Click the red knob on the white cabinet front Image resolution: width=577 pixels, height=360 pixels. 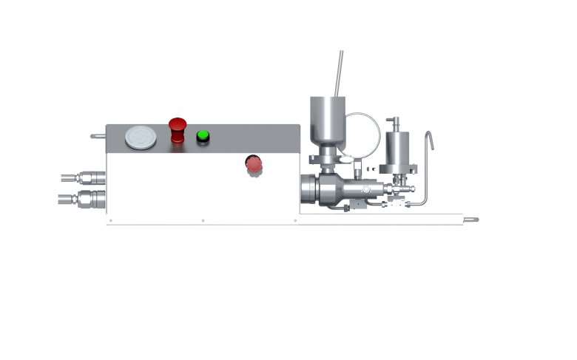pos(254,164)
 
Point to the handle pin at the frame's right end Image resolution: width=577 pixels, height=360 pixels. pos(471,219)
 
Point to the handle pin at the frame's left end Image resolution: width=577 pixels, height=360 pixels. pos(98,136)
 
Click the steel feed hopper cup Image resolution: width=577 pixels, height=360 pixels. pos(325,118)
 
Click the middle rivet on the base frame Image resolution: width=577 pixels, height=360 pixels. pos(203,220)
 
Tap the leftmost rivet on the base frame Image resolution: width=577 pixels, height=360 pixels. pos(110,220)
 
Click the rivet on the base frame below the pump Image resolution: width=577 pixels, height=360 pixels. pos(295,220)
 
